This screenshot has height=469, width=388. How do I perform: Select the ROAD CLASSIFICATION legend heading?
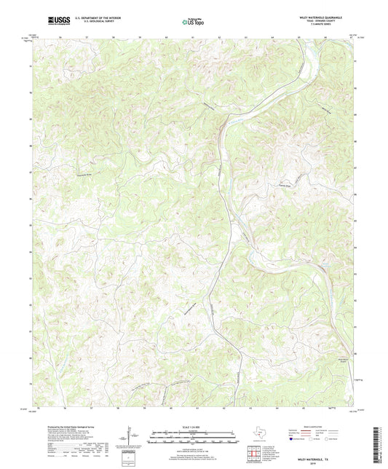[x=323, y=425]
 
